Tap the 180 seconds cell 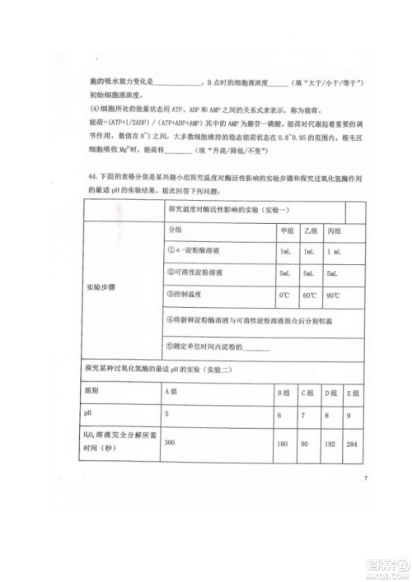coord(282,445)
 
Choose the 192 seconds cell coord(330,445)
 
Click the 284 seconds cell coord(353,445)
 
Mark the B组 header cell coord(283,392)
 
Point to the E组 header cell coord(353,392)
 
